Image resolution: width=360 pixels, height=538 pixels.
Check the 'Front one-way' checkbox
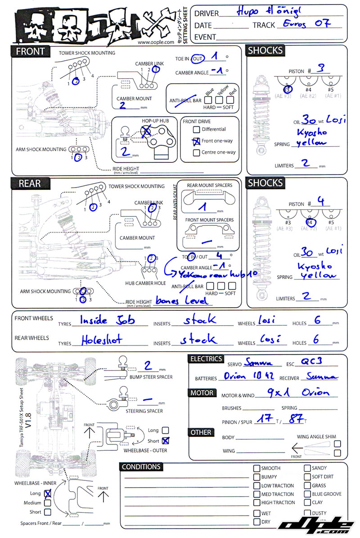(x=196, y=141)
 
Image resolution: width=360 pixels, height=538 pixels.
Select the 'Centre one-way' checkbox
(x=196, y=152)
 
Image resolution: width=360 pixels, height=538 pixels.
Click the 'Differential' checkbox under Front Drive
(x=196, y=130)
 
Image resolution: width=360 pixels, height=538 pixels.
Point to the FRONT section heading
(x=30, y=51)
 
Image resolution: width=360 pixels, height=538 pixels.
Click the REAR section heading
(x=30, y=183)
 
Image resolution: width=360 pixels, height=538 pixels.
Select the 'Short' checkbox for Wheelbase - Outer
(x=166, y=440)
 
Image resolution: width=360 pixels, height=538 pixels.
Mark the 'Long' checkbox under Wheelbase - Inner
(x=47, y=493)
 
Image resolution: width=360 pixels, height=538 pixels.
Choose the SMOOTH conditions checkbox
(x=256, y=468)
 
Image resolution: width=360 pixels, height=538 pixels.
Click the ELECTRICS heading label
(x=206, y=359)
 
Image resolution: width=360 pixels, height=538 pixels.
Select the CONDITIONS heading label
(x=141, y=467)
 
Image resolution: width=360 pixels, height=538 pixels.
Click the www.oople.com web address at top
(x=156, y=42)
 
